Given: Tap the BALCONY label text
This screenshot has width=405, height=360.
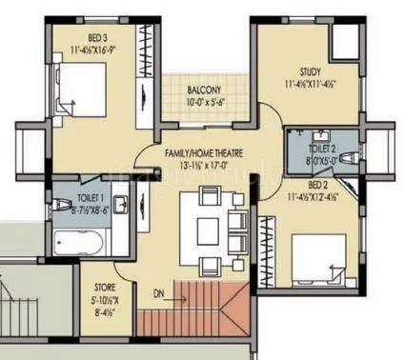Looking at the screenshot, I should click(x=204, y=91).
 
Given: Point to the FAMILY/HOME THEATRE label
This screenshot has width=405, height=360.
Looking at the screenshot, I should click(x=216, y=153).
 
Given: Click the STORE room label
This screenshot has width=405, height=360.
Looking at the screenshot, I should click(x=104, y=285).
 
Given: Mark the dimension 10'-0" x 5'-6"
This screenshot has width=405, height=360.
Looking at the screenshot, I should click(x=204, y=103).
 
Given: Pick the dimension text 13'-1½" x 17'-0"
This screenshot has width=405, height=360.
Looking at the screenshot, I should click(x=215, y=166).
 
